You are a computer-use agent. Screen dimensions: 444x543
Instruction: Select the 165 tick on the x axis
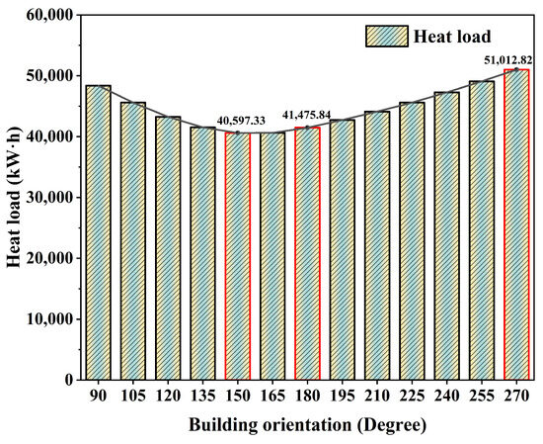click(272, 396)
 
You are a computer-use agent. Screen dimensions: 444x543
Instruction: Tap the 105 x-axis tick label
click(132, 396)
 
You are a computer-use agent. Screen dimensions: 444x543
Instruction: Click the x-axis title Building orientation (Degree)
click(307, 427)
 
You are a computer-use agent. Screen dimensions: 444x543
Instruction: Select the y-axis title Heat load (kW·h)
click(14, 198)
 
